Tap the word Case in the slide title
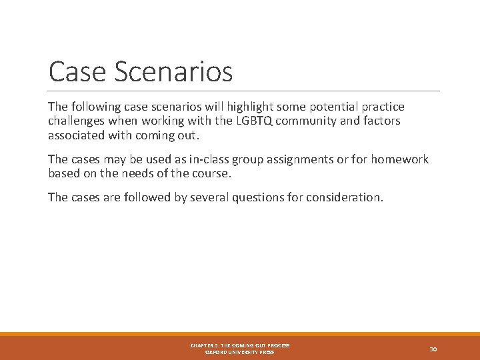click(x=73, y=72)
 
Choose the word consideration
click(x=344, y=198)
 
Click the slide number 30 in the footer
click(x=433, y=349)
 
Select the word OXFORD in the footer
click(x=219, y=352)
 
